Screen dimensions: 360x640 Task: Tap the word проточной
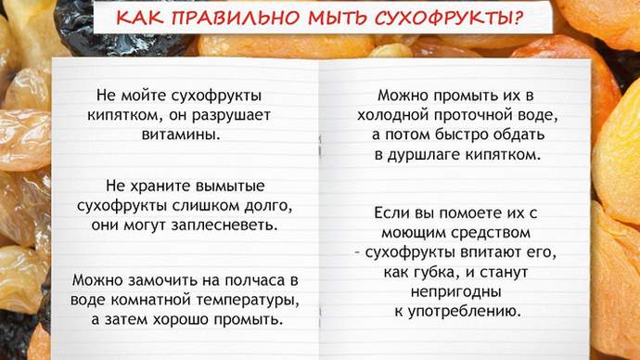point(473,115)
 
